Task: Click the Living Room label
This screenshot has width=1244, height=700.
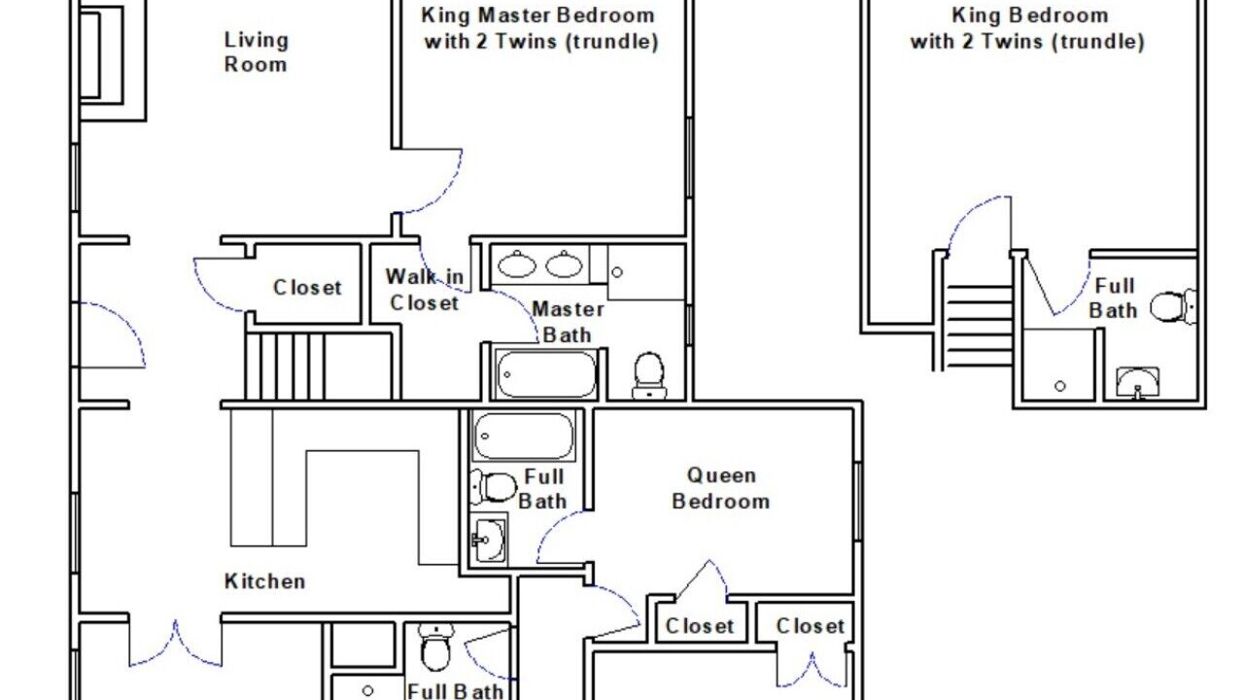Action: click(256, 52)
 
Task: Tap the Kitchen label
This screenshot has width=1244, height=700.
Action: click(265, 581)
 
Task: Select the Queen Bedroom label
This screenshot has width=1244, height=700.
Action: click(721, 488)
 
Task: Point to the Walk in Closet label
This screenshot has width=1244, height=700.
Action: click(425, 290)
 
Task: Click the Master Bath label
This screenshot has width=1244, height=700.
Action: click(569, 322)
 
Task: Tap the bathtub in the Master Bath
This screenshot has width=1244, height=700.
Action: click(546, 374)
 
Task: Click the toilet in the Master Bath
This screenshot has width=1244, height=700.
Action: click(649, 375)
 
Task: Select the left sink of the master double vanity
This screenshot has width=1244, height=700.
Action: click(517, 263)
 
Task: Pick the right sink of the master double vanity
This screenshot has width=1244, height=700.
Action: click(565, 263)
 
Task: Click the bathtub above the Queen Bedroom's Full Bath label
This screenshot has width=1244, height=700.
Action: click(524, 437)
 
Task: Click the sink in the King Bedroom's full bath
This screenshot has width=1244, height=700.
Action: click(1138, 382)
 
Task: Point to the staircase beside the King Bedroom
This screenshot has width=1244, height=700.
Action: click(979, 326)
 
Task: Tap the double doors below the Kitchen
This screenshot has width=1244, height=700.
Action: click(176, 645)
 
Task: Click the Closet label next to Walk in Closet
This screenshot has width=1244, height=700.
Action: click(307, 288)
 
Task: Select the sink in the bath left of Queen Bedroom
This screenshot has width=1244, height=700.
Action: click(489, 539)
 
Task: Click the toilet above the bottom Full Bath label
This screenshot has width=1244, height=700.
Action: click(436, 647)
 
